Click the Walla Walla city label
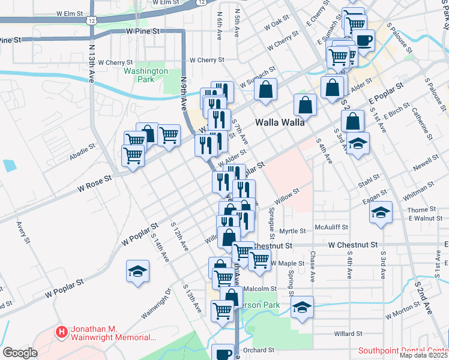point(280,121)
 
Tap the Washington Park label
point(146,75)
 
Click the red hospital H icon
point(61,331)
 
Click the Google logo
point(20,353)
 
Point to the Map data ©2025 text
point(424,355)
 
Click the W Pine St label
point(143,30)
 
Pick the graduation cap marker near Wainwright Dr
point(137,271)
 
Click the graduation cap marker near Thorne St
point(380,213)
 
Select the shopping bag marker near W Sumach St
point(265,90)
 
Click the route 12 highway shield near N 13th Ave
point(91,20)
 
